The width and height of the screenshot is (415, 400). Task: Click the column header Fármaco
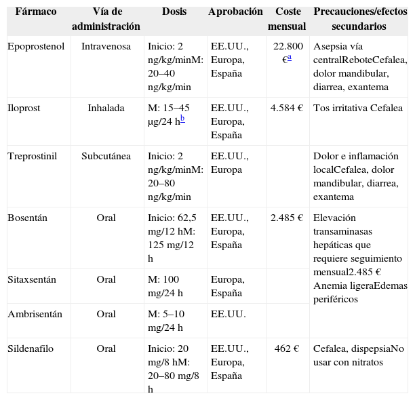pyautogui.click(x=36, y=13)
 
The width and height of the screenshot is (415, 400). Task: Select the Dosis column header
pyautogui.click(x=174, y=13)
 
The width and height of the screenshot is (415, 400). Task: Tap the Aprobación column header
pyautogui.click(x=235, y=13)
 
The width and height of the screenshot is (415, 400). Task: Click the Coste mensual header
pyautogui.click(x=287, y=20)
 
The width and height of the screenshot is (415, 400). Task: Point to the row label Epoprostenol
pyautogui.click(x=35, y=47)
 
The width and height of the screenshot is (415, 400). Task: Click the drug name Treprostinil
pyautogui.click(x=32, y=157)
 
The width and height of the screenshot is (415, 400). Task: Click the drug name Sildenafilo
pyautogui.click(x=31, y=349)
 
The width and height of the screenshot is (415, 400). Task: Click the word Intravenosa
pyautogui.click(x=106, y=47)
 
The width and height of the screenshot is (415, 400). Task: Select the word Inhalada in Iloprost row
pyautogui.click(x=106, y=108)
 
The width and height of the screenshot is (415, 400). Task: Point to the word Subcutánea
pyautogui.click(x=106, y=157)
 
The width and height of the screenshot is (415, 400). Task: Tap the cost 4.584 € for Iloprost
pyautogui.click(x=286, y=108)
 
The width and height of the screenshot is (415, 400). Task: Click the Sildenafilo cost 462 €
pyautogui.click(x=287, y=349)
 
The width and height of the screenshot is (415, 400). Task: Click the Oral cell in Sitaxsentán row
pyautogui.click(x=106, y=279)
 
